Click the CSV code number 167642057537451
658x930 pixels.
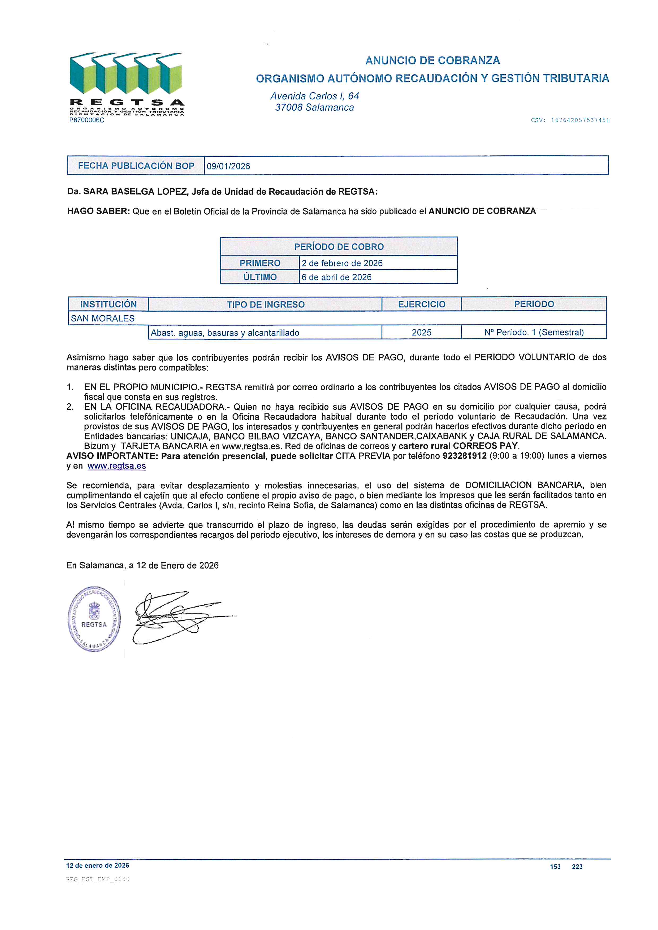[580, 120]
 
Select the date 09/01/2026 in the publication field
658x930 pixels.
[228, 166]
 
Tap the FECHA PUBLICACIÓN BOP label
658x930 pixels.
[136, 166]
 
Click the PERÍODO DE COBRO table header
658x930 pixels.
[339, 247]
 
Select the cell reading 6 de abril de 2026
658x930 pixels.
[336, 277]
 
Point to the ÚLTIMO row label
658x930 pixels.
[260, 277]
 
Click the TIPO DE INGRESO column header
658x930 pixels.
[265, 304]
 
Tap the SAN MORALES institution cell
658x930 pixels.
[102, 318]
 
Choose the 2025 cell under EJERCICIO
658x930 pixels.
[421, 333]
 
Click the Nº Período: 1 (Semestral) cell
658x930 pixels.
[534, 333]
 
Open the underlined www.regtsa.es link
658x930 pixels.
[117, 466]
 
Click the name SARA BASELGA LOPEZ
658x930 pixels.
[136, 191]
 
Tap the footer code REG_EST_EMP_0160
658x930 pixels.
[98, 879]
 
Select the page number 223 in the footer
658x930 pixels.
[577, 867]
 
